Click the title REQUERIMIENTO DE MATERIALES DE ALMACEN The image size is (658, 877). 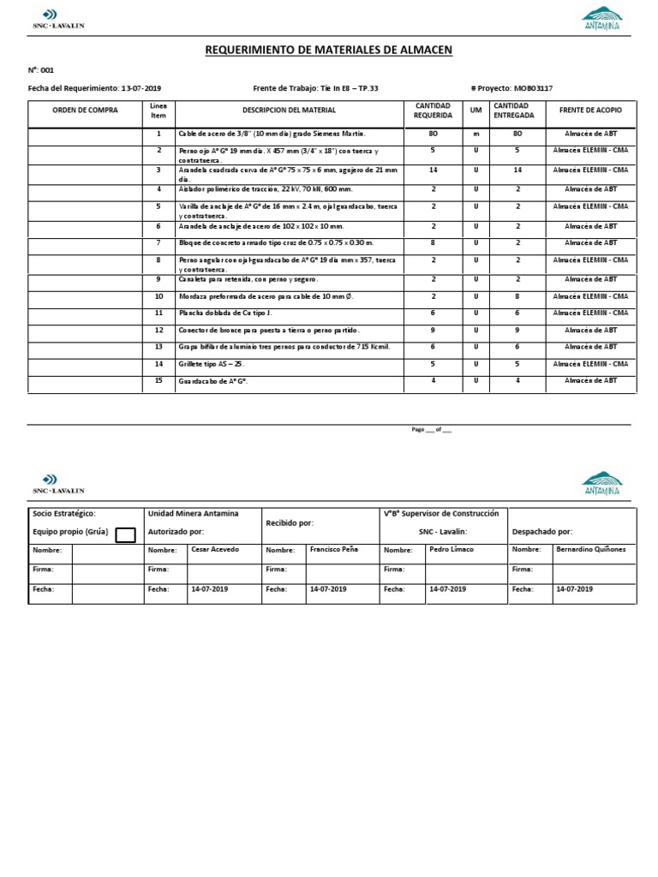(x=328, y=51)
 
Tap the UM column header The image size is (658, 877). (x=476, y=110)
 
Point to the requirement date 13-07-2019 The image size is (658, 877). (x=141, y=88)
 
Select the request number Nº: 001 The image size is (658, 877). (x=40, y=70)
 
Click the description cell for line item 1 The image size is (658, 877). (x=272, y=134)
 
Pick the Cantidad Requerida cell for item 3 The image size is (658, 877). (x=433, y=170)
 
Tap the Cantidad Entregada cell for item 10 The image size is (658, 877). (x=517, y=296)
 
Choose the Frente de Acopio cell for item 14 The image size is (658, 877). (x=590, y=364)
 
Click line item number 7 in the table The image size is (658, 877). (x=159, y=243)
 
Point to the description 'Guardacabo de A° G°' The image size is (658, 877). (x=212, y=381)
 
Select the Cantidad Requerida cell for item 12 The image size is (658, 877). (x=433, y=331)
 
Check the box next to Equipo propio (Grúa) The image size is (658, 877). (x=125, y=535)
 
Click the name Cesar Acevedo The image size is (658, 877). (x=215, y=549)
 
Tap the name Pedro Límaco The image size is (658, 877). (x=451, y=549)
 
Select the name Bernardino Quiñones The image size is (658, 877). (x=590, y=549)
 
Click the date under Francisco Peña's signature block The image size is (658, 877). (x=328, y=589)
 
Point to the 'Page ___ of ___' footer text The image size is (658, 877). (x=431, y=430)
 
